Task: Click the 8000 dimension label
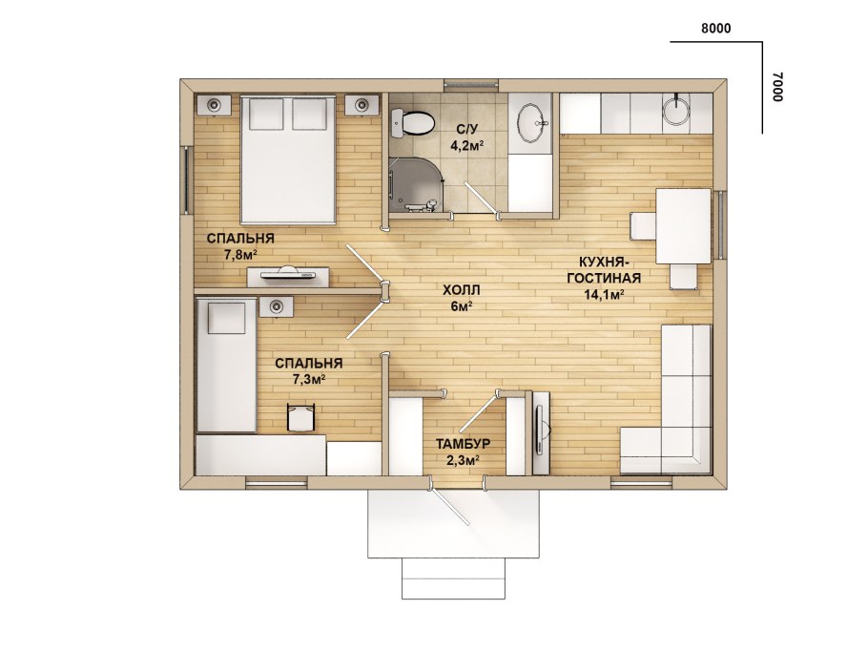[x=715, y=29]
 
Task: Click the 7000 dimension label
[x=776, y=87]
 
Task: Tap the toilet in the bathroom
[x=412, y=122]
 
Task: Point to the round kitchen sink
[x=676, y=110]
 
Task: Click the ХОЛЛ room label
[x=461, y=290]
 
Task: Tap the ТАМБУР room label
[x=463, y=444]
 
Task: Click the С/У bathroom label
[x=466, y=130]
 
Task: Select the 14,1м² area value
[x=604, y=294]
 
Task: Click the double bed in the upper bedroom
[x=288, y=160]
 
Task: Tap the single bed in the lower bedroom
[x=226, y=366]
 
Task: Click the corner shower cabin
[x=416, y=185]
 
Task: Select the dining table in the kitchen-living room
[x=684, y=226]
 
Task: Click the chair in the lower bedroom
[x=300, y=417]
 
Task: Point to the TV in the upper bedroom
[x=288, y=274]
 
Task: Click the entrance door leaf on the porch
[x=450, y=506]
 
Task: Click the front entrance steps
[x=453, y=578]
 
